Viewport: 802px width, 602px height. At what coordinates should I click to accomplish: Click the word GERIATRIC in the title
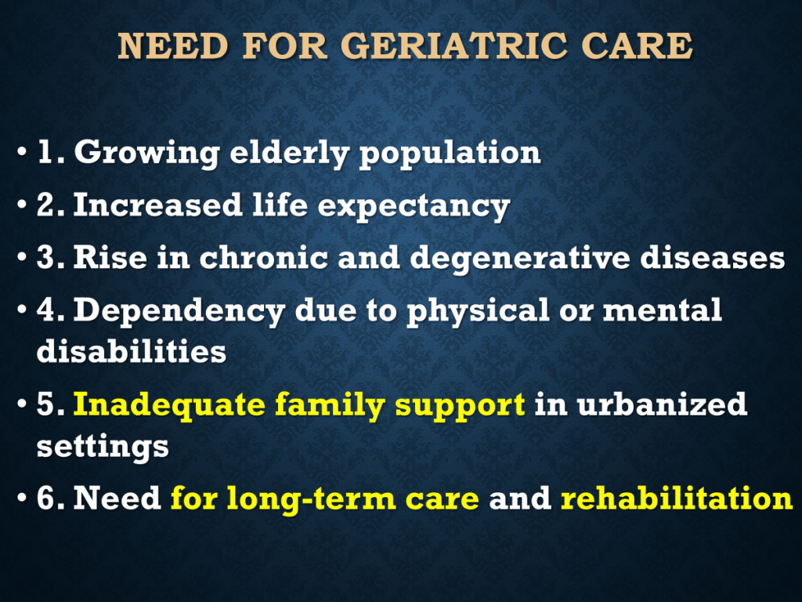(x=454, y=45)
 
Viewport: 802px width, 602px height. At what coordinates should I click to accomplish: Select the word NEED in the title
(x=173, y=45)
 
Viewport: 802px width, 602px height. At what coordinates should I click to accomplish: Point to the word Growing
(x=146, y=154)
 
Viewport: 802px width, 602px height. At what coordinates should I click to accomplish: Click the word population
(x=450, y=154)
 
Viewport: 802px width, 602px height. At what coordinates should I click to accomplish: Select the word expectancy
(x=414, y=206)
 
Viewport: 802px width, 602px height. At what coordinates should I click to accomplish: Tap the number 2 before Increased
(x=47, y=205)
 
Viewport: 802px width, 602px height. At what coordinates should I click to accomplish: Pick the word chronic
(x=263, y=257)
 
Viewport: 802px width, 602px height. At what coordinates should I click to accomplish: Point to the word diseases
(x=713, y=257)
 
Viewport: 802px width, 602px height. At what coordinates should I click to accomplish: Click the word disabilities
(x=132, y=350)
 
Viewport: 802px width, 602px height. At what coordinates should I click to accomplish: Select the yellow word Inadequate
(x=169, y=405)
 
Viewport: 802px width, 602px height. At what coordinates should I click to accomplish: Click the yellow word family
(x=330, y=405)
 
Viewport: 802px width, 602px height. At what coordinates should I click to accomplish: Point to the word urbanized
(x=662, y=404)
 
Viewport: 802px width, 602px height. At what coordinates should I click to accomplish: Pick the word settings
(x=103, y=447)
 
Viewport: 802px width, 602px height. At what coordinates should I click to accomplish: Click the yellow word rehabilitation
(x=677, y=497)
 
